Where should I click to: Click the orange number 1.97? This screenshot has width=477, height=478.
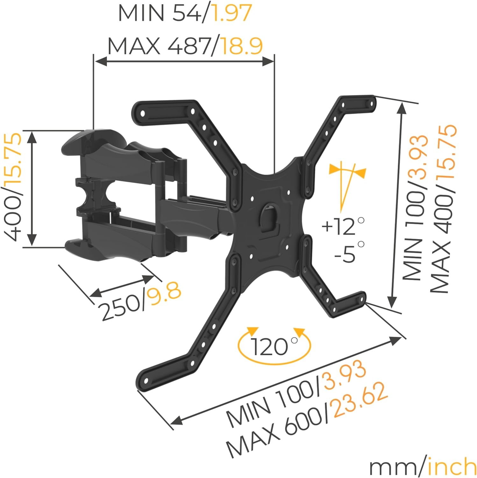click(231, 13)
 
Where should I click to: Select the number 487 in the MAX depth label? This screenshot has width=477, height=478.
click(188, 46)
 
